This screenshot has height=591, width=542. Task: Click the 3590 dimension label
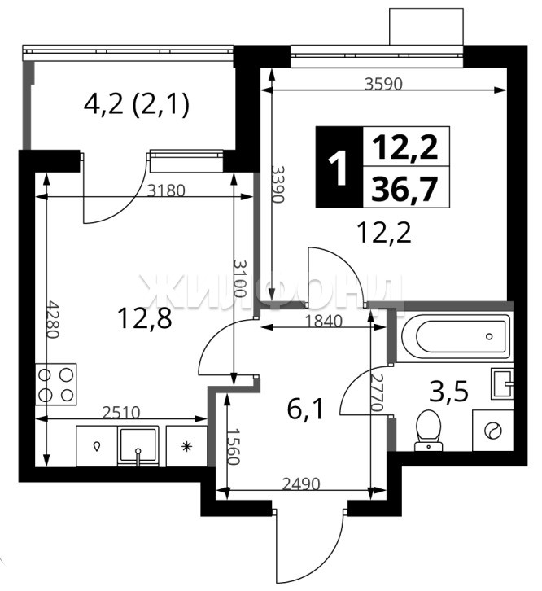point(383,84)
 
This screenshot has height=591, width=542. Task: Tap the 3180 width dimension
point(166,190)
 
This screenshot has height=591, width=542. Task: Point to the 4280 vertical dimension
point(53,319)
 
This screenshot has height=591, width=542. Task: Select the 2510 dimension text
point(121,413)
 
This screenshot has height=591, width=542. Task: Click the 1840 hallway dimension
point(324,321)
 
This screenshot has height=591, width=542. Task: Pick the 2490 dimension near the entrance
point(301,484)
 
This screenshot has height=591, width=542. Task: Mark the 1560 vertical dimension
point(234,446)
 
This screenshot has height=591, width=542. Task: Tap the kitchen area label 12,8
point(145,317)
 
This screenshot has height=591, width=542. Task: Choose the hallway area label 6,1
point(305,409)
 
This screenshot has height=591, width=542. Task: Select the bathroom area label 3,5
point(449,391)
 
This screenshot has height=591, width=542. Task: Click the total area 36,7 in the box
point(404,190)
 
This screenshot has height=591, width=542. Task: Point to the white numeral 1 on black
point(339,168)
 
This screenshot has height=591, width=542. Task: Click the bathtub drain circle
point(489,336)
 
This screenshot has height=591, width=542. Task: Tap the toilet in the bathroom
point(429,431)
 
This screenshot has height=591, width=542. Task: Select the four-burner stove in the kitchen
point(56,384)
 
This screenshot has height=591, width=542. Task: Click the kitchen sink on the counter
point(138,446)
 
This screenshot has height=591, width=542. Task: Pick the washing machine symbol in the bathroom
point(492,430)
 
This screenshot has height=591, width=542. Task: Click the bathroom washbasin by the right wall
point(502,383)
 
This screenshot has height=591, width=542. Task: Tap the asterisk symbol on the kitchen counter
point(186,447)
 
